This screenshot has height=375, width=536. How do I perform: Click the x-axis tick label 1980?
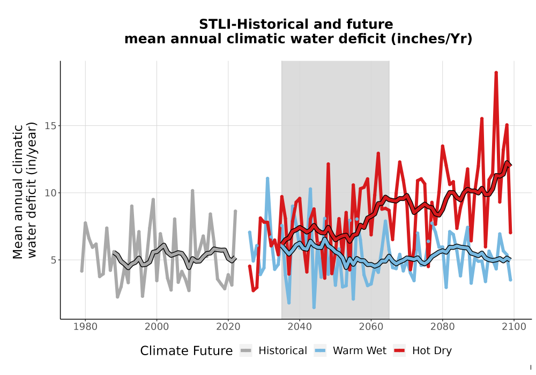coord(85,327)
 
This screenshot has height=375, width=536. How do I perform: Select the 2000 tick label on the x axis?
coord(157,327)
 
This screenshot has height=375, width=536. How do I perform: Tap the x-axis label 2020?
coord(228,327)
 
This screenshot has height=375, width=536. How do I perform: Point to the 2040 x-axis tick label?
coord(300,327)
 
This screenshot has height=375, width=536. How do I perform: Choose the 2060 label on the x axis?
coord(371,327)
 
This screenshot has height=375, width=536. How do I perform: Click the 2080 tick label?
coord(442,327)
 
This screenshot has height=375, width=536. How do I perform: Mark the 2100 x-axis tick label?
coord(514,327)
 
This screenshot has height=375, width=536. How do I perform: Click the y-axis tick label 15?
coord(50,126)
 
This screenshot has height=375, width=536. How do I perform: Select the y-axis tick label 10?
coord(50,193)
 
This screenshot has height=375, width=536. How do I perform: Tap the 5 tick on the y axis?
coord(53,260)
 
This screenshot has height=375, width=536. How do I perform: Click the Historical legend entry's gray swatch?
coord(246,351)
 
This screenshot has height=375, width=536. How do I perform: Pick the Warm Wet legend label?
coord(359,351)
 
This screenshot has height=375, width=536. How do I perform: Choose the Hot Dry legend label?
coord(431,351)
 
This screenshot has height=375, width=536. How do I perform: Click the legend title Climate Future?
coord(187,351)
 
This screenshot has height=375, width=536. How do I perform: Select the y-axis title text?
coord(25,190)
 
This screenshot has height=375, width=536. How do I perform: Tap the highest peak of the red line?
coord(496,72)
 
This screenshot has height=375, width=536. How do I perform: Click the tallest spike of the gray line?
coord(192,191)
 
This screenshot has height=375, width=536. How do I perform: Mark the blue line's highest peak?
coord(267,178)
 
